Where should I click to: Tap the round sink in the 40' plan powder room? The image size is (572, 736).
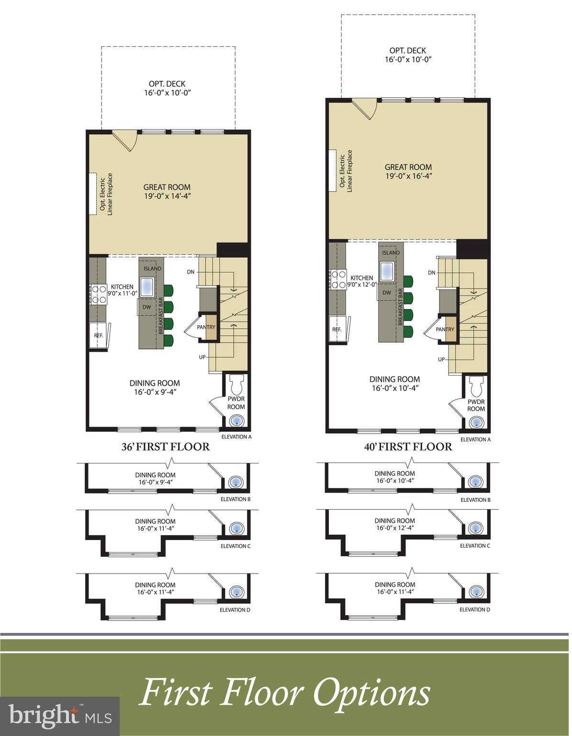point(476,423)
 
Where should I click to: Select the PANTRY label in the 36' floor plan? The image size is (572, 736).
point(206,327)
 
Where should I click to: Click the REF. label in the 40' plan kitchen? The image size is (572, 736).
point(336,330)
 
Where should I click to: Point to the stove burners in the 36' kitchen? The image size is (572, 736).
point(98,294)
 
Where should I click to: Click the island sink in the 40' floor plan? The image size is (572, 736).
point(387,271)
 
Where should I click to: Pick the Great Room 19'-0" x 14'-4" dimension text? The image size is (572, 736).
point(167,195)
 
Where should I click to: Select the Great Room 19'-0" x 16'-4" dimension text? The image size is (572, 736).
point(408,176)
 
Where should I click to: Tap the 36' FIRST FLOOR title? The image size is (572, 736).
point(165,447)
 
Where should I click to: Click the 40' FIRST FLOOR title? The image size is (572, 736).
point(407,447)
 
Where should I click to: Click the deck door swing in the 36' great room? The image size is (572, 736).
point(125,140)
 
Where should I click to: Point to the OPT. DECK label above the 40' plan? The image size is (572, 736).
point(407,51)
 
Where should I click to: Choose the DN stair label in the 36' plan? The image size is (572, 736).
point(191,272)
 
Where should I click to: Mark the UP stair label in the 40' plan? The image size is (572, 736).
point(441,359)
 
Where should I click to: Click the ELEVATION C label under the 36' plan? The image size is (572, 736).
point(235,546)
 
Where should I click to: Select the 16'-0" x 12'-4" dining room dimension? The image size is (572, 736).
point(394,528)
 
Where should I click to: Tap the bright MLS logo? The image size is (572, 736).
point(60,716)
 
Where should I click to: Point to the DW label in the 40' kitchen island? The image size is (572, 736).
point(387,293)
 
